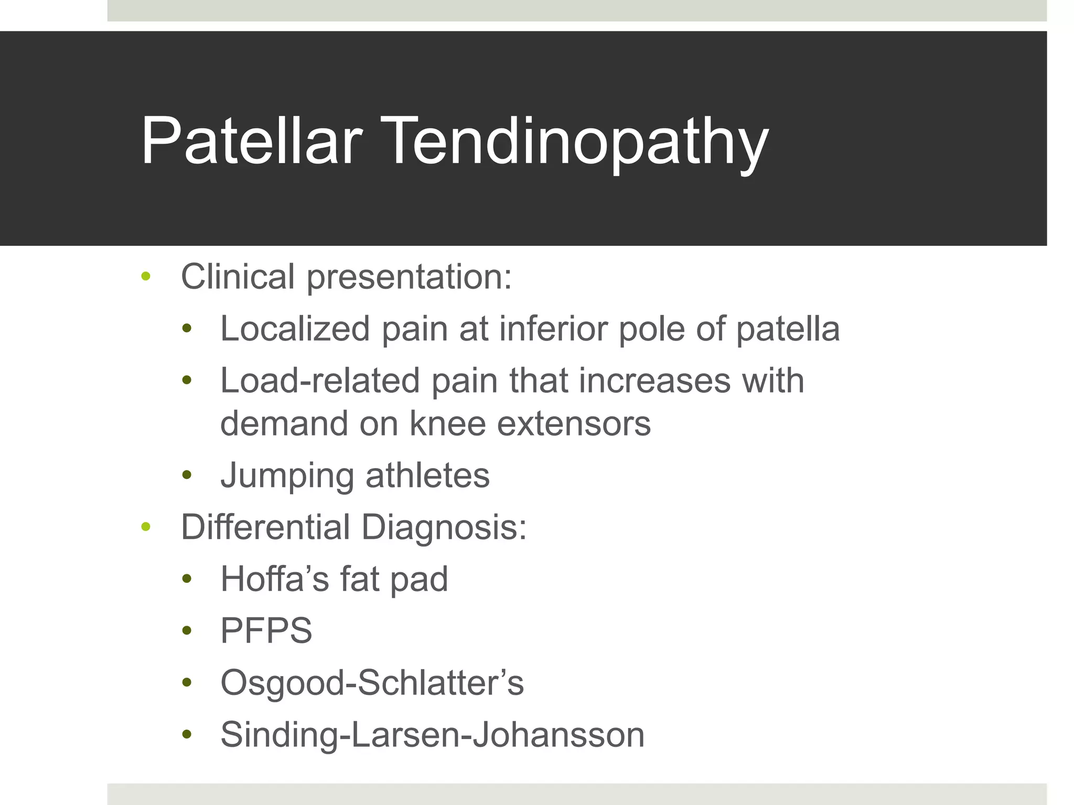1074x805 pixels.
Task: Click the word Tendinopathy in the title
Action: (x=577, y=143)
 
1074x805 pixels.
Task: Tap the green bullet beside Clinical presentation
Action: (x=146, y=276)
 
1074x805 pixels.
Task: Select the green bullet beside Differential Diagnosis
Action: (x=146, y=526)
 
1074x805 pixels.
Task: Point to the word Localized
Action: (x=295, y=329)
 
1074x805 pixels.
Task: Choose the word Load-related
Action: (x=320, y=380)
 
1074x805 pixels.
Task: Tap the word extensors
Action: (x=574, y=423)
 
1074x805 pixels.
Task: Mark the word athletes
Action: (x=427, y=475)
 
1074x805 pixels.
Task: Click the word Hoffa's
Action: (x=274, y=579)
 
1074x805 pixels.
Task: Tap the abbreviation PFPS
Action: (x=266, y=630)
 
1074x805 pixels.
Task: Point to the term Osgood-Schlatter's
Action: (x=372, y=682)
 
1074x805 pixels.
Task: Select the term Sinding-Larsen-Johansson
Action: (x=432, y=734)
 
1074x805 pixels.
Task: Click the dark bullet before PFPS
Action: (x=187, y=630)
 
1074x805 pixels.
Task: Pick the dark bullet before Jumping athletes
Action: (x=187, y=475)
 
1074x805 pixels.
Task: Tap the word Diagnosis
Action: (x=444, y=527)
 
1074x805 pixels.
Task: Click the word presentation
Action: (x=409, y=277)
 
